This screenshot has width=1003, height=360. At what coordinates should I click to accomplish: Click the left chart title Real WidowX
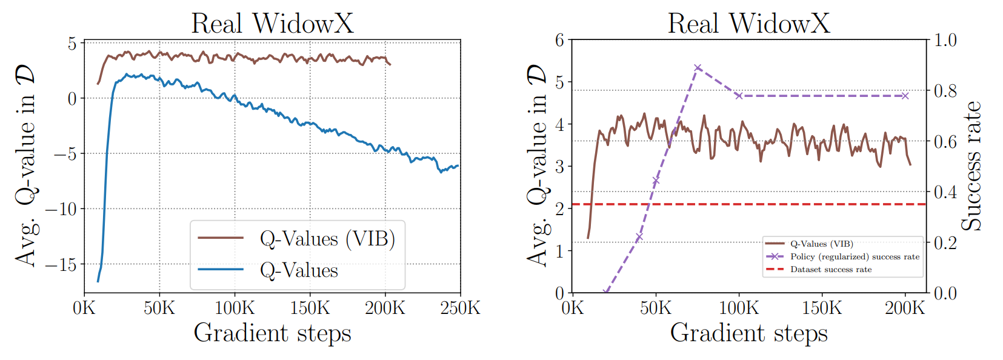pyautogui.click(x=272, y=24)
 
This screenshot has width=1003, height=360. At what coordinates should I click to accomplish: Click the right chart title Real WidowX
pyautogui.click(x=748, y=24)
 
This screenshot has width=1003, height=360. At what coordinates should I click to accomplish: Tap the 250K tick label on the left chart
pyautogui.click(x=460, y=308)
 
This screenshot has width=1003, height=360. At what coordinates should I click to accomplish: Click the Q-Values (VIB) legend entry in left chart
pyautogui.click(x=327, y=239)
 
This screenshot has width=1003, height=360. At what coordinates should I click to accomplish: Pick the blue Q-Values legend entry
pyautogui.click(x=299, y=270)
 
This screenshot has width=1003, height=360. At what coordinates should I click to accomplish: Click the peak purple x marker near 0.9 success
pyautogui.click(x=698, y=68)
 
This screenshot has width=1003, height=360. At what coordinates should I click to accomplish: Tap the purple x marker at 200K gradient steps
pyautogui.click(x=905, y=96)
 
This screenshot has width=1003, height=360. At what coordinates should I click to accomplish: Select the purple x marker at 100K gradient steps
pyautogui.click(x=739, y=96)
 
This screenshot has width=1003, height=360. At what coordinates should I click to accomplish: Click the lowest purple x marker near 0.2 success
pyautogui.click(x=639, y=236)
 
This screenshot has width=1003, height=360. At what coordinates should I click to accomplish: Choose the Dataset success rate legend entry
pyautogui.click(x=830, y=270)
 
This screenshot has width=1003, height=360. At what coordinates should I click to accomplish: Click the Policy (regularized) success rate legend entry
pyautogui.click(x=855, y=257)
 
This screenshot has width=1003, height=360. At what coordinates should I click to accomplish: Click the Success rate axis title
pyautogui.click(x=971, y=166)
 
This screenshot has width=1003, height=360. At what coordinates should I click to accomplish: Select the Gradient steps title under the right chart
pyautogui.click(x=748, y=333)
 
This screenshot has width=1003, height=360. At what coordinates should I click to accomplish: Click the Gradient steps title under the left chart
pyautogui.click(x=272, y=333)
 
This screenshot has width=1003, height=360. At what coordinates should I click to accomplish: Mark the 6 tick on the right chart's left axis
pyautogui.click(x=559, y=41)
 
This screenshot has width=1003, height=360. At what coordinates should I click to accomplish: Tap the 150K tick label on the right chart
pyautogui.click(x=822, y=308)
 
